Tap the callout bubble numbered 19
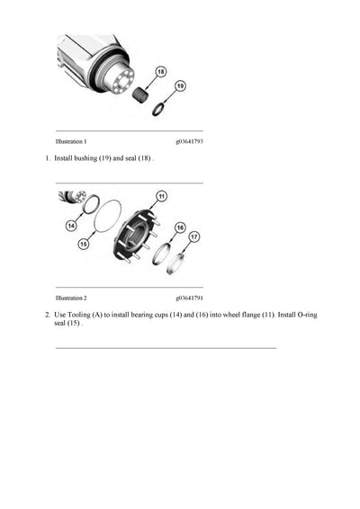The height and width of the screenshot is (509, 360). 179,85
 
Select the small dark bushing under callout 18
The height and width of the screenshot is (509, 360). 141,94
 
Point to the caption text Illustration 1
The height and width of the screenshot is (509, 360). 71,141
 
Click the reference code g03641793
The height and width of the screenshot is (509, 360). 189,141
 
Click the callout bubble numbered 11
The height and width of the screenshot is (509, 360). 161,195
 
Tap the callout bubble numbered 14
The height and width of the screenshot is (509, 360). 70,227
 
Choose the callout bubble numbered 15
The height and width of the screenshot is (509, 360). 85,243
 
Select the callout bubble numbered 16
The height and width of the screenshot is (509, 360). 180,228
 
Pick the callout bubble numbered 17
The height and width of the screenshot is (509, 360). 193,239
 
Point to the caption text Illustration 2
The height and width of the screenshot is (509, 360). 71,297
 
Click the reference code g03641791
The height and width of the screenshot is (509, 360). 189,297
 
